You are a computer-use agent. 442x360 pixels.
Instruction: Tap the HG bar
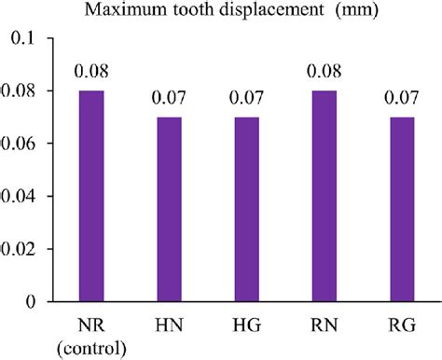tap(246, 209)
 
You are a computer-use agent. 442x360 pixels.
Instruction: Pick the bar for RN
tap(325, 196)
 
